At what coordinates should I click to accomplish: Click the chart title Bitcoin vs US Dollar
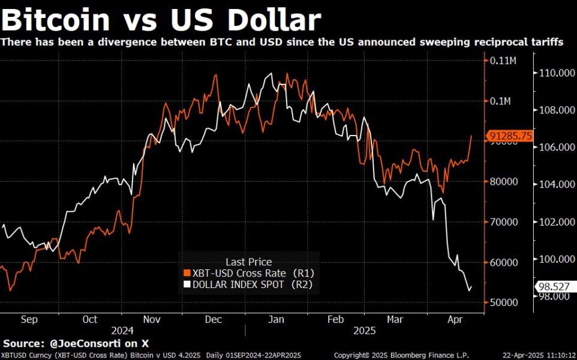[161, 20]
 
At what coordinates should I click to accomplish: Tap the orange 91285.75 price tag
[510, 136]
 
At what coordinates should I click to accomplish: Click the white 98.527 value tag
[554, 287]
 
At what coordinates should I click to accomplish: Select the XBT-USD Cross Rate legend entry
[248, 273]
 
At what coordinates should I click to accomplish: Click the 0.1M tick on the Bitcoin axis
[500, 101]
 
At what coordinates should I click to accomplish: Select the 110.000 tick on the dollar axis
[554, 73]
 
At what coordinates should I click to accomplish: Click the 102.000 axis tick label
[554, 221]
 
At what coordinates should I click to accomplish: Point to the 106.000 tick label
[554, 148]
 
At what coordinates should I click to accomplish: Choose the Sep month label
[29, 320]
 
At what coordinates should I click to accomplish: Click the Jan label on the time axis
[276, 320]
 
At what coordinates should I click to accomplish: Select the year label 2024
[122, 331]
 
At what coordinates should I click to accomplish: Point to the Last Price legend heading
[248, 262]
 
